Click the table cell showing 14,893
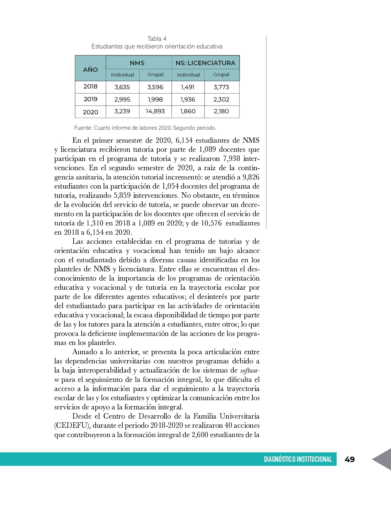tap(155, 111)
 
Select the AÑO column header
tap(90, 69)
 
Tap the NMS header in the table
tap(137, 63)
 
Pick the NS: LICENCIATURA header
tap(205, 63)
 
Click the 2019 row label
tap(90, 99)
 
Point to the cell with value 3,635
tap(122, 87)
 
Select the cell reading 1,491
tap(188, 87)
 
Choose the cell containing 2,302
tap(221, 99)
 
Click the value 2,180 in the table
tap(221, 111)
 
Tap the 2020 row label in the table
tap(90, 112)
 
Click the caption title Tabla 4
tap(157, 39)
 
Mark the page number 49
tap(350, 459)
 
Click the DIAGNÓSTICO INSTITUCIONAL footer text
tap(298, 459)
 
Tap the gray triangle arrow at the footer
tap(382, 459)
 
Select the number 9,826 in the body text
tap(251, 177)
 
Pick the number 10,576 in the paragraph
tap(211, 223)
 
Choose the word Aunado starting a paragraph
tap(84, 352)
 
